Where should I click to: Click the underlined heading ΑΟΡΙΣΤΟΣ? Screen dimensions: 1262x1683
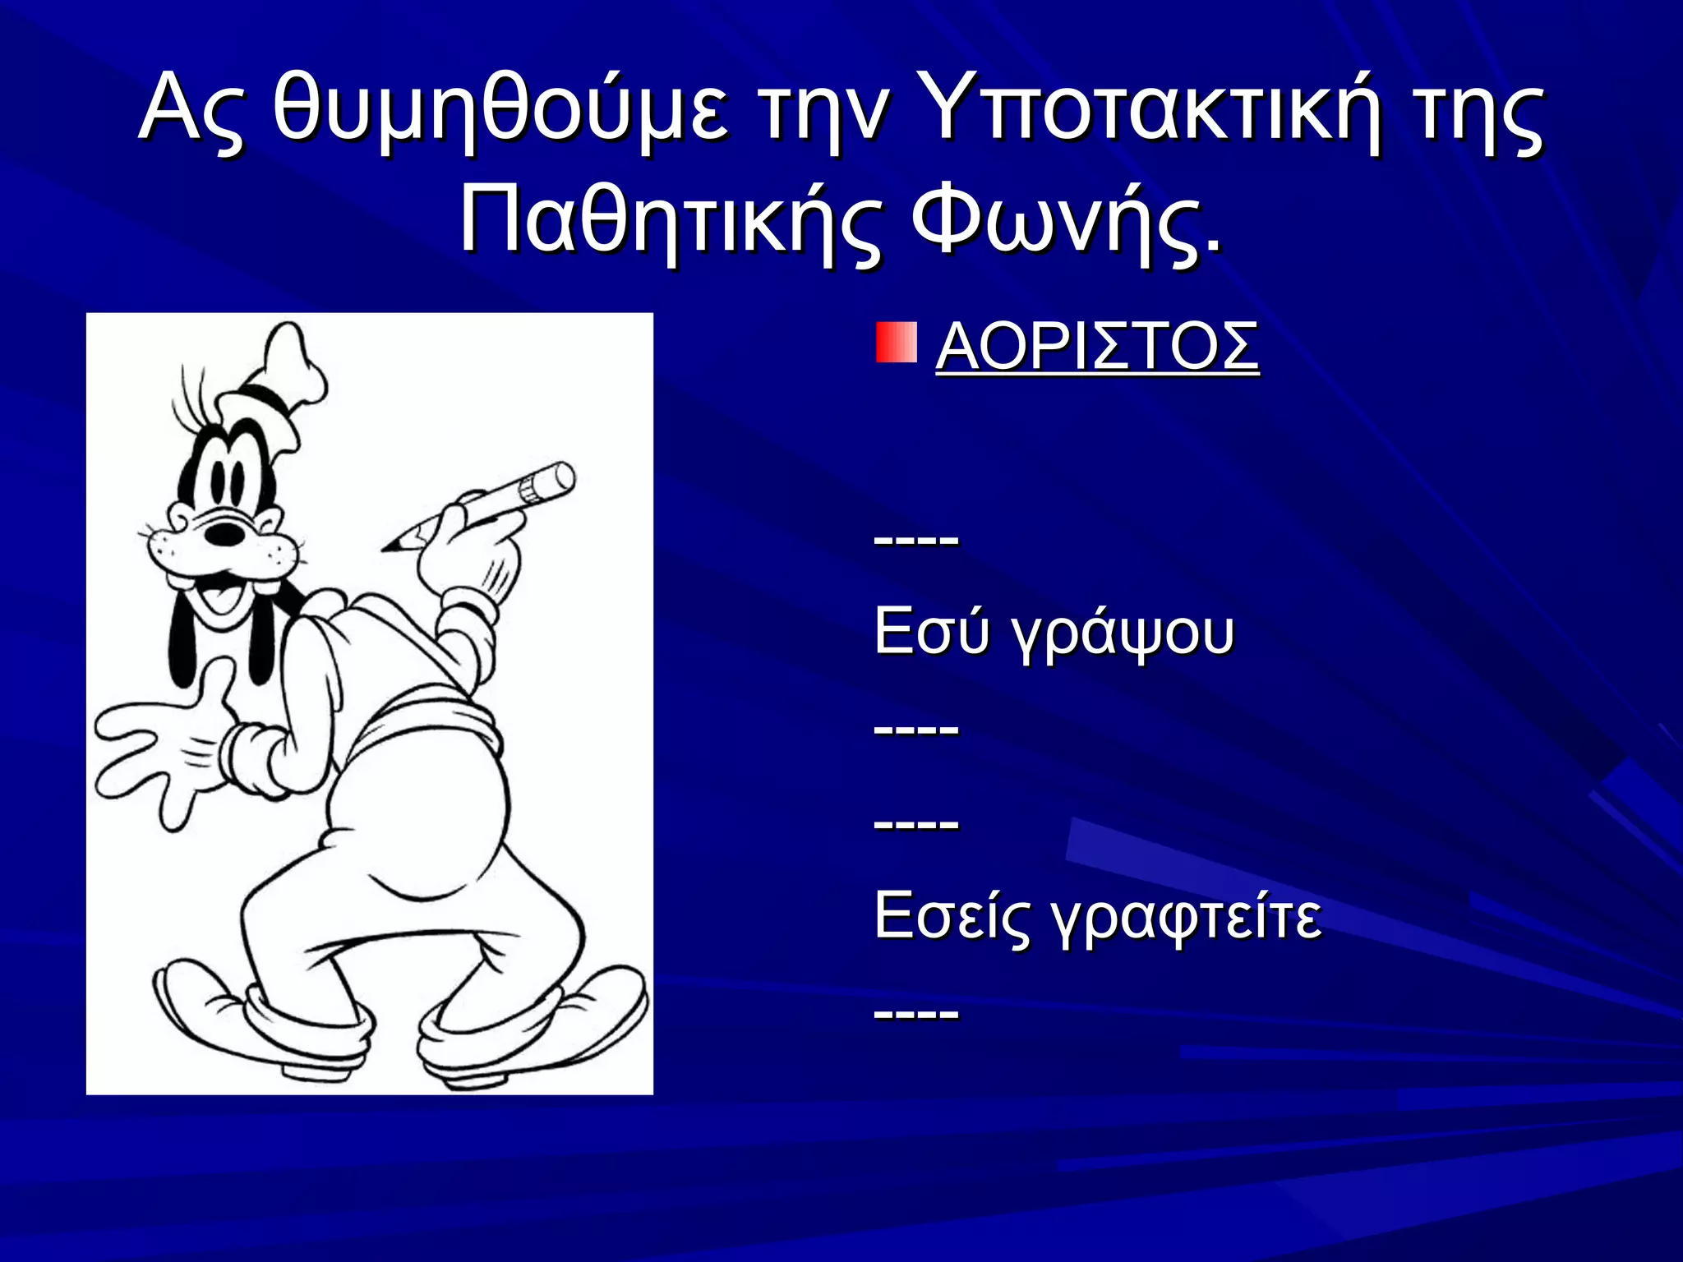[1097, 347]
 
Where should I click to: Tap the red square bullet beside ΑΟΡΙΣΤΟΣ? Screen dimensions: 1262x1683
[896, 343]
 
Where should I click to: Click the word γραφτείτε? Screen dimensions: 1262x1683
[1187, 917]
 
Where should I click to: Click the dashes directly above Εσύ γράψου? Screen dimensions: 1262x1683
[916, 540]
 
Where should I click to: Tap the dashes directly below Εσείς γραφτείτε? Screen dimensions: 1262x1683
[916, 1013]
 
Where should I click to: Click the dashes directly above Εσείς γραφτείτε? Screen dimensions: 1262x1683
[916, 822]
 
